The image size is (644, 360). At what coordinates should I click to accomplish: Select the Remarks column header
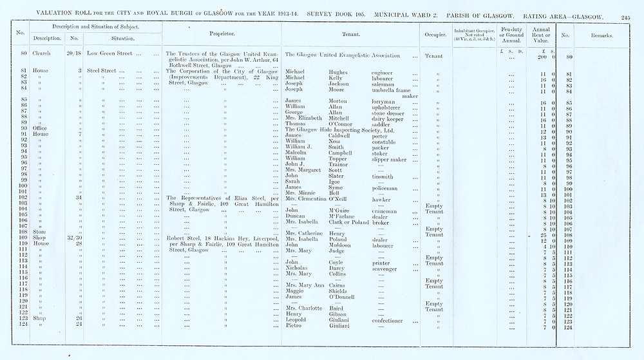[x=600, y=35]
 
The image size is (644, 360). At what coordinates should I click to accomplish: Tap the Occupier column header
[x=434, y=34]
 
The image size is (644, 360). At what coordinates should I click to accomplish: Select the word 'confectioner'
[x=390, y=320]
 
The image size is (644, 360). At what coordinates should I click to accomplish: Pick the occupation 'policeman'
[x=386, y=189]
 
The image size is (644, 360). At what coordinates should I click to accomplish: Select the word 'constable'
[x=386, y=142]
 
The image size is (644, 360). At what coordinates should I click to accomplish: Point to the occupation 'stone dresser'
[x=390, y=113]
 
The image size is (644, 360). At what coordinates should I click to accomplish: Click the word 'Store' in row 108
[x=40, y=232]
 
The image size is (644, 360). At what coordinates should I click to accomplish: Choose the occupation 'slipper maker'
[x=390, y=159]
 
